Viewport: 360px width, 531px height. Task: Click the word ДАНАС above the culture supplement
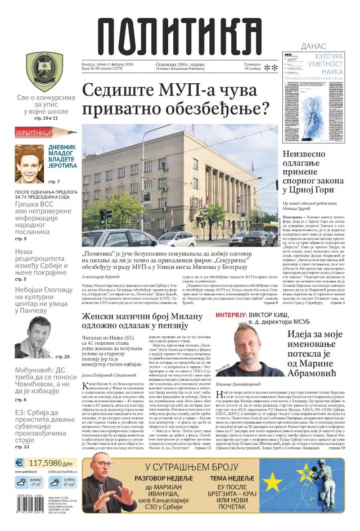click(x=314, y=46)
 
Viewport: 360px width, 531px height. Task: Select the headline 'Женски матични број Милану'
click(x=141, y=318)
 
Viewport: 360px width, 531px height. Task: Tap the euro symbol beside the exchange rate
click(x=20, y=462)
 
